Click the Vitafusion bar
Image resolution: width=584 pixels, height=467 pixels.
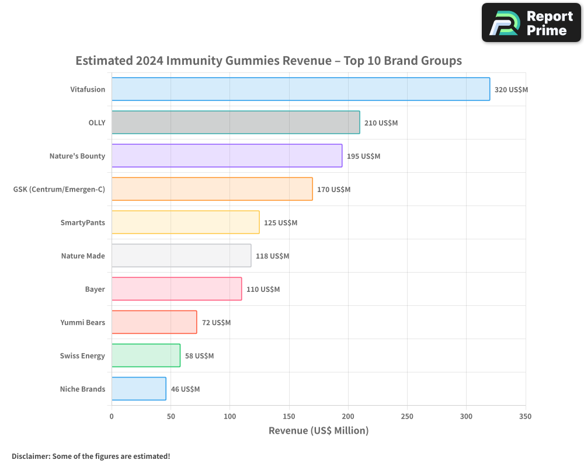301,89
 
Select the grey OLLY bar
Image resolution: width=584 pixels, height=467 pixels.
236,122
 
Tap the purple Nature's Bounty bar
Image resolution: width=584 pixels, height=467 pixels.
227,156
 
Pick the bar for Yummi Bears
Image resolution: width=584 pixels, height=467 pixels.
154,322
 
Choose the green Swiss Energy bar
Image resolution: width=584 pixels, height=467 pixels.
146,356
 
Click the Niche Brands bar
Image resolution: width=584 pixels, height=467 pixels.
139,389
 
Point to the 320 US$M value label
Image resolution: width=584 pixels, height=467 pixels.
511,90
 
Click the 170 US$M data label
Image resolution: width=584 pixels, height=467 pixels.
333,190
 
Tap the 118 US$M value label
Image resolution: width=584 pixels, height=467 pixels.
272,256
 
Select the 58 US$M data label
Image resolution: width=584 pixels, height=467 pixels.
199,356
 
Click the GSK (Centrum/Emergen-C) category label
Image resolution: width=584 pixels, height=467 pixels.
59,190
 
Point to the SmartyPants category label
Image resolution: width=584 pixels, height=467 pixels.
83,222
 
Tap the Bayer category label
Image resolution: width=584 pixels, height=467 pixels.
95,290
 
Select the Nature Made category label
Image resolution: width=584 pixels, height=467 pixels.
83,256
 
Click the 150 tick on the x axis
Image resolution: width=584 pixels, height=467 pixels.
289,416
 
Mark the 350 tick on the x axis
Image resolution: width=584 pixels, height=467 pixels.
525,416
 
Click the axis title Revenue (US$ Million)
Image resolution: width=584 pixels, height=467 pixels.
318,431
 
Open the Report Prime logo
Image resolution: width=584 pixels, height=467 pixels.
531,23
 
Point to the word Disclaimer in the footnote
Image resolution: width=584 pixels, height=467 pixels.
31,456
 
